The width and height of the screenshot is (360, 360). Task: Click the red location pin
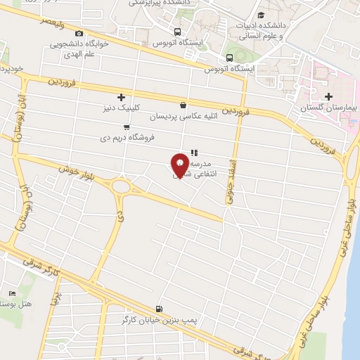tap(180, 164)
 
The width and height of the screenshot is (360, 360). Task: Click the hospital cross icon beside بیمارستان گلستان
tap(328, 96)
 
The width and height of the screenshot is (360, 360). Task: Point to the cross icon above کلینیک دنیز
tap(121, 97)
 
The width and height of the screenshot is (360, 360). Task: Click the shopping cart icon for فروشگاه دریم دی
tap(126, 127)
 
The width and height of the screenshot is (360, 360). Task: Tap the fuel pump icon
tap(160, 309)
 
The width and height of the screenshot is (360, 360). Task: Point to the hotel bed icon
tap(12, 292)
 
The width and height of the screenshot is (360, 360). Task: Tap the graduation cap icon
tap(262, 15)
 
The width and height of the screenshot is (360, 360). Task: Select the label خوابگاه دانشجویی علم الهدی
tap(78, 48)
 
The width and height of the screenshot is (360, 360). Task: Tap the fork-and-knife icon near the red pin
tap(194, 151)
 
